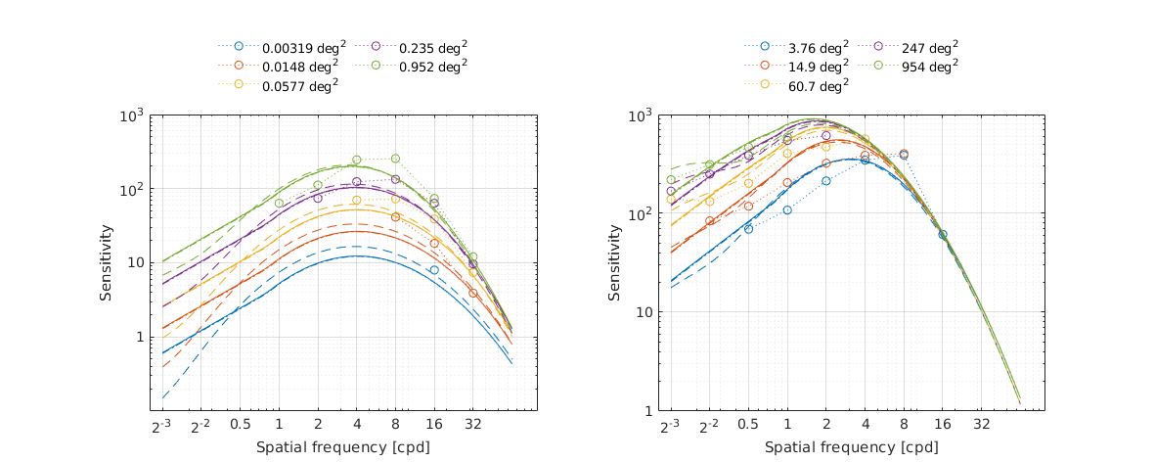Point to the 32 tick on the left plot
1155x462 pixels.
472,427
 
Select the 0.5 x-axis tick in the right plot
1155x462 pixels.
748,427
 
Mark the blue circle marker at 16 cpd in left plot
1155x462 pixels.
434,270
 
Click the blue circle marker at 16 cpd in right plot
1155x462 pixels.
943,235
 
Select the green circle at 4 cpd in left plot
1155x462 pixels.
357,160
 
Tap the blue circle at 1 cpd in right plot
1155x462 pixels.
787,210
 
